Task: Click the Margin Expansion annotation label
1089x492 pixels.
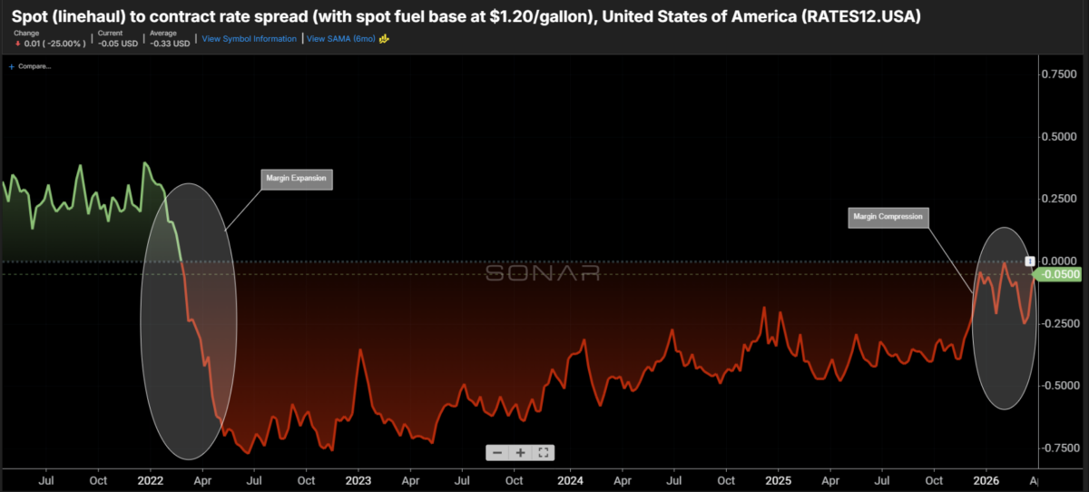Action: pyautogui.click(x=297, y=178)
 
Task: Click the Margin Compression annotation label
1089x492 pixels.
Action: pyautogui.click(x=888, y=217)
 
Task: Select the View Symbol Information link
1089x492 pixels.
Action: pyautogui.click(x=249, y=39)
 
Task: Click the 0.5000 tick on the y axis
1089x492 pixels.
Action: pyautogui.click(x=1064, y=137)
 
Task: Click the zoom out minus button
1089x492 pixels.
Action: pyautogui.click(x=497, y=452)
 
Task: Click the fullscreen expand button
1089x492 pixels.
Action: pyautogui.click(x=543, y=452)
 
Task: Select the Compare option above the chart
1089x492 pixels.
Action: pyautogui.click(x=33, y=66)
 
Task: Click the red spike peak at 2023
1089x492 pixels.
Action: pyautogui.click(x=361, y=349)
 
